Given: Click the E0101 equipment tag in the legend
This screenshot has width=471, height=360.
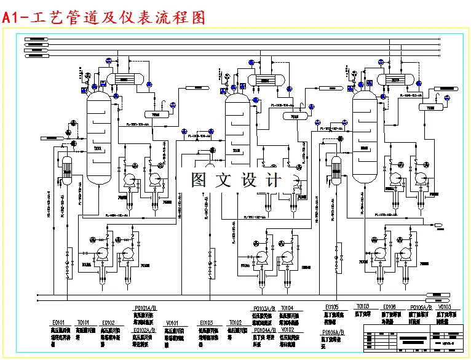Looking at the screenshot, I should pyautogui.click(x=58, y=322).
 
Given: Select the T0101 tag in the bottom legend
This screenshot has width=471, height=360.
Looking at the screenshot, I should pyautogui.click(x=83, y=322).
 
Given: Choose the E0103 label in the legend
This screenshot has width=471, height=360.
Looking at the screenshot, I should pyautogui.click(x=205, y=322).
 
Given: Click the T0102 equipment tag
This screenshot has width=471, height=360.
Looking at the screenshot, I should pyautogui.click(x=235, y=322).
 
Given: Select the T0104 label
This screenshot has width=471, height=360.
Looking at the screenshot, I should pyautogui.click(x=287, y=308).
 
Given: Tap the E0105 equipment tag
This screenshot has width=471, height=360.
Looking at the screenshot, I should pyautogui.click(x=331, y=306).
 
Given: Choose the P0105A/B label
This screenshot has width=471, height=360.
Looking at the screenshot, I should pyautogui.click(x=421, y=306).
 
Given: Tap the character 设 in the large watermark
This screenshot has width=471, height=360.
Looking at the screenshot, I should pyautogui.click(x=252, y=180).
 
